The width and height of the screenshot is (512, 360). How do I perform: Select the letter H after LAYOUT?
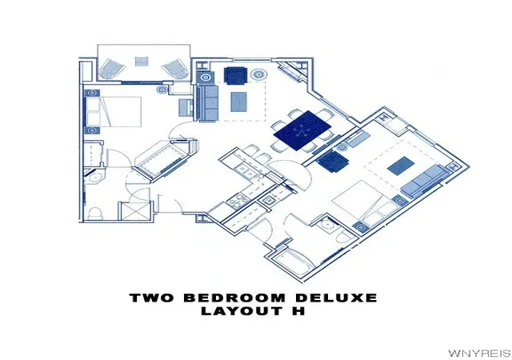click(298, 310)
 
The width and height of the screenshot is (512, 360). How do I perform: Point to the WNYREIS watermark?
click(479, 353)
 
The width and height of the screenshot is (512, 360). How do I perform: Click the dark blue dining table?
click(302, 130)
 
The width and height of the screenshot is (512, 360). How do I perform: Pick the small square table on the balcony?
click(142, 62)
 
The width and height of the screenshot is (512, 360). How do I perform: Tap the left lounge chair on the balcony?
click(112, 68)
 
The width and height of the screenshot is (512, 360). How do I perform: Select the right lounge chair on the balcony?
click(175, 68)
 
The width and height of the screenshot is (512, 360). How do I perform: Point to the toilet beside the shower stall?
click(96, 213)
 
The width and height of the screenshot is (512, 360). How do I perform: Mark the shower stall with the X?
click(135, 211)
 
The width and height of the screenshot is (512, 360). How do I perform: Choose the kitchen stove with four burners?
click(237, 200)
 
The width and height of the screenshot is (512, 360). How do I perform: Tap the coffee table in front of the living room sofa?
click(238, 102)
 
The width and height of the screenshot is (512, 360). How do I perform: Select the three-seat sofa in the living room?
click(208, 103)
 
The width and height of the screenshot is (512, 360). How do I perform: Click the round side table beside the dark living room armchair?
click(259, 74)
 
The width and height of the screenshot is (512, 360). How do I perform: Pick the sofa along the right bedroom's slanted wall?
click(424, 181)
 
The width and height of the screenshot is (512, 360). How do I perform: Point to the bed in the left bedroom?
click(114, 111)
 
